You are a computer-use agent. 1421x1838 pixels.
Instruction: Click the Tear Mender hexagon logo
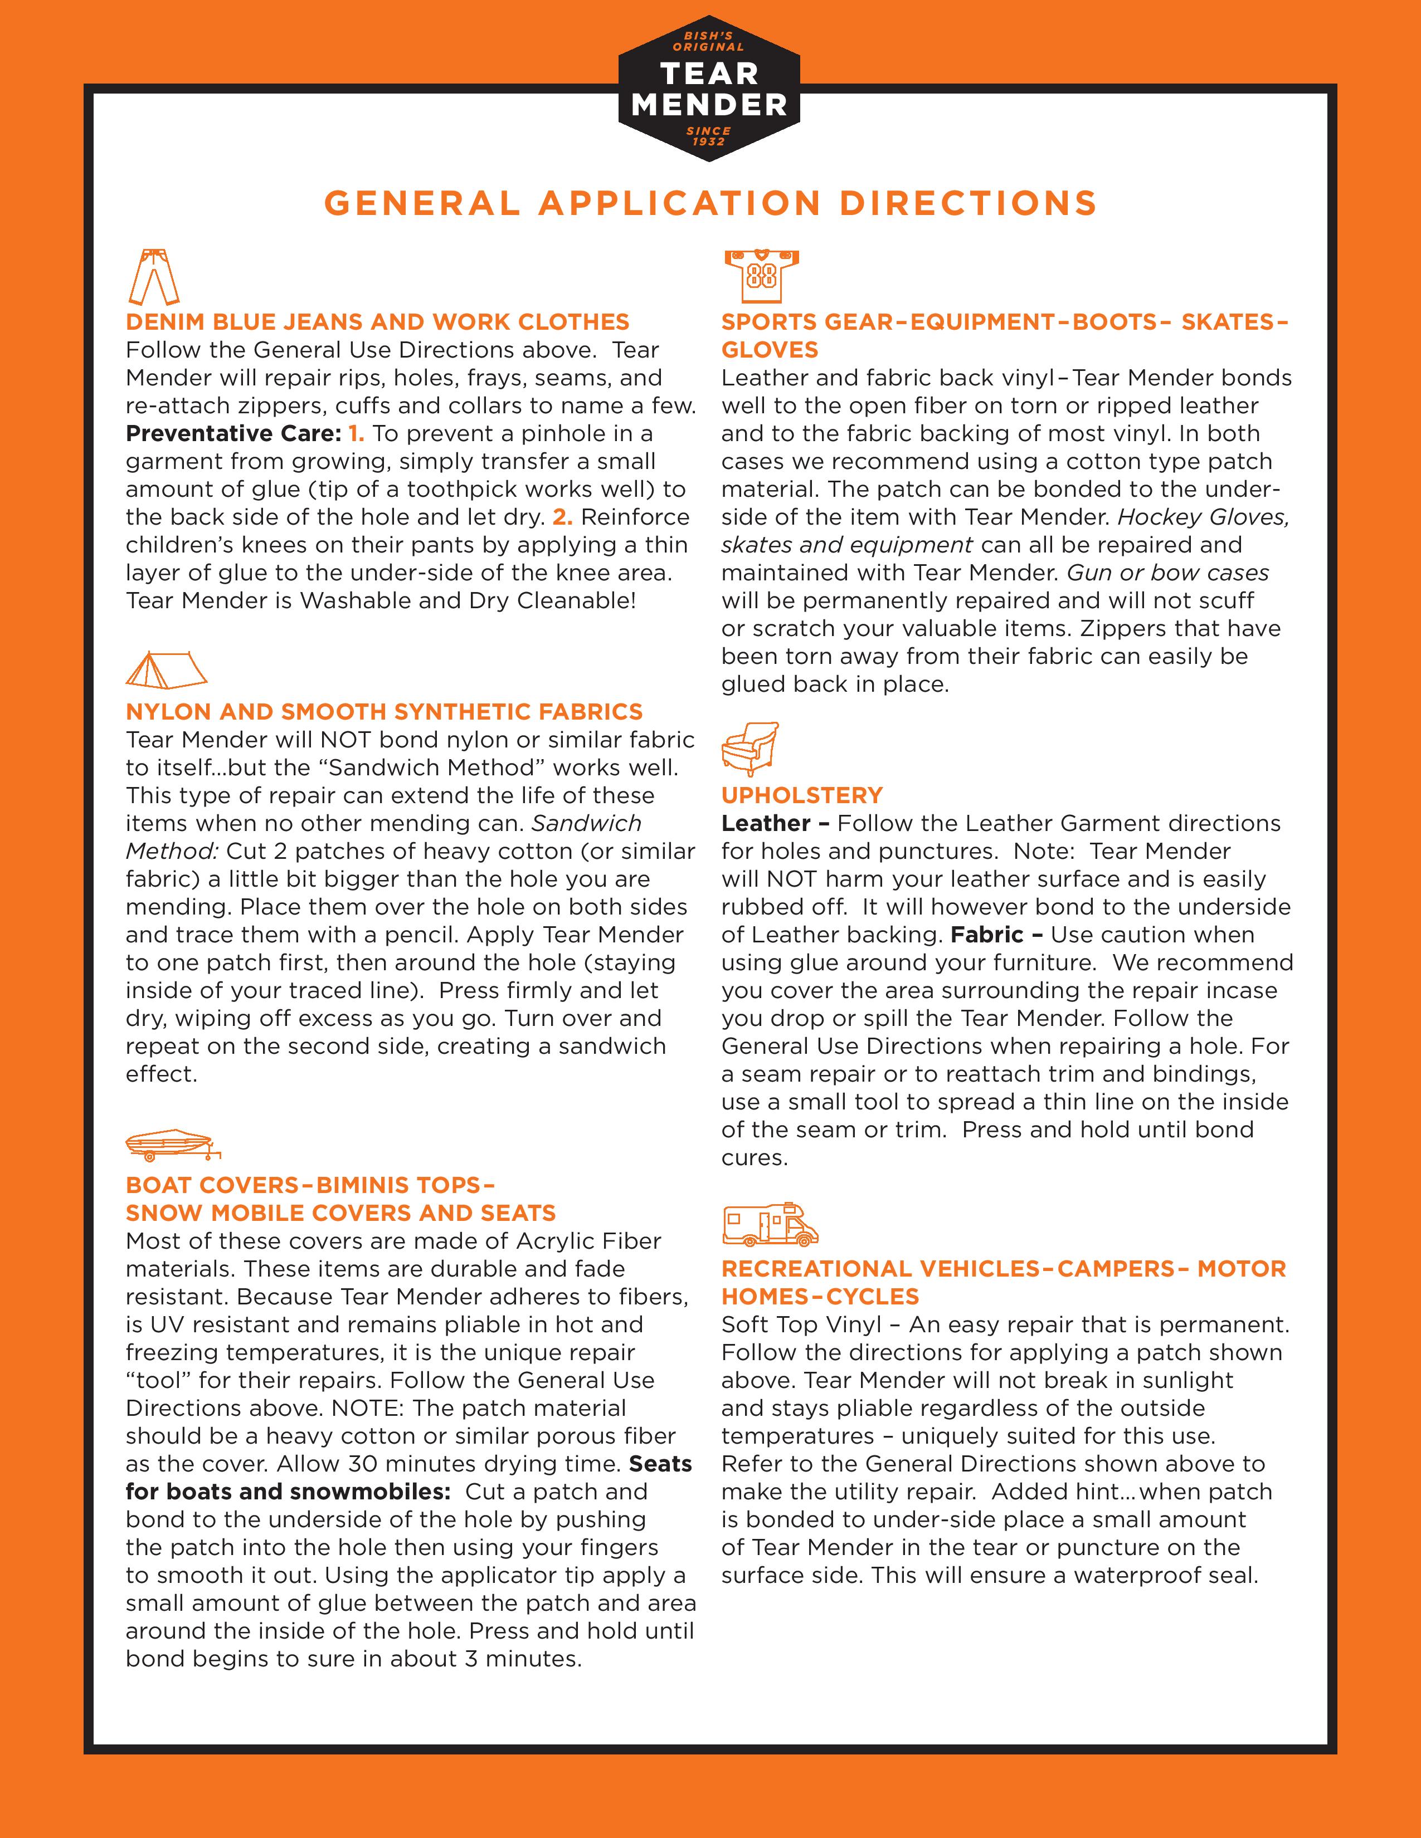(709, 89)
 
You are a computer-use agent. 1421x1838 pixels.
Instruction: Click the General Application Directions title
(710, 204)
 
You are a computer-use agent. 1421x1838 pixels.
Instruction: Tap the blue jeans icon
(154, 276)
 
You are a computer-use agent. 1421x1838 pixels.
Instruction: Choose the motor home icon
(770, 1224)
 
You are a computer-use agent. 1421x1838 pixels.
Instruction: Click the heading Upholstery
(801, 795)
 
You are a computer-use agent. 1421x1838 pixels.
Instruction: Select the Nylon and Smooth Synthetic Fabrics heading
(384, 712)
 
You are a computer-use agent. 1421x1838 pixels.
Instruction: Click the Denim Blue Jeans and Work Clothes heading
(377, 322)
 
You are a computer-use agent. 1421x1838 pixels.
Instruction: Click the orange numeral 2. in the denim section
(562, 517)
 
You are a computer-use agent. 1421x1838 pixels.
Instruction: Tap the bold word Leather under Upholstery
(765, 823)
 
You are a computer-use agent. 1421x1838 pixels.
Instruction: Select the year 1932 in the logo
(709, 141)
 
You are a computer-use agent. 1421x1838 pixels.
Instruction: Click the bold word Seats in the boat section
(660, 1464)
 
